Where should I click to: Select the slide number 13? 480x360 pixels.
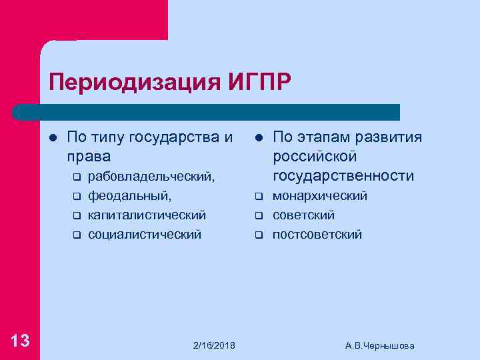pyautogui.click(x=20, y=341)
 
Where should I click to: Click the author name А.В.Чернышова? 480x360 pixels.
pyautogui.click(x=380, y=345)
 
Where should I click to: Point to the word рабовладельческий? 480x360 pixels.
pyautogui.click(x=151, y=177)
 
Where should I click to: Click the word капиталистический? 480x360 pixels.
pyautogui.click(x=147, y=215)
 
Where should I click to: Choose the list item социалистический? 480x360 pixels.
pyautogui.click(x=145, y=235)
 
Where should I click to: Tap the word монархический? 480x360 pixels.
pyautogui.click(x=320, y=196)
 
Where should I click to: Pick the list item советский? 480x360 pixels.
pyautogui.click(x=303, y=215)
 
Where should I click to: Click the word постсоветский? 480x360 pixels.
pyautogui.click(x=317, y=235)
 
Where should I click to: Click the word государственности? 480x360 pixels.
pyautogui.click(x=343, y=175)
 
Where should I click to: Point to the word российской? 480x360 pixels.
pyautogui.click(x=315, y=157)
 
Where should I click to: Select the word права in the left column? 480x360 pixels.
pyautogui.click(x=89, y=157)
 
